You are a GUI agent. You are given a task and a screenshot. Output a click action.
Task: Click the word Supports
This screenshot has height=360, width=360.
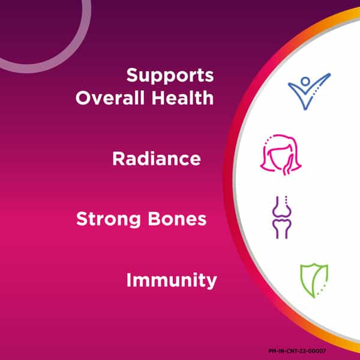tap(170, 76)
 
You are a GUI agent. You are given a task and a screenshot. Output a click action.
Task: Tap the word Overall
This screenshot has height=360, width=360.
tap(110, 98)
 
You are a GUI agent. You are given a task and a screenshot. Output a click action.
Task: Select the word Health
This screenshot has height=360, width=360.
tap(182, 98)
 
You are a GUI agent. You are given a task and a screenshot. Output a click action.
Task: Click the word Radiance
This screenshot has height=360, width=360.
tap(157, 158)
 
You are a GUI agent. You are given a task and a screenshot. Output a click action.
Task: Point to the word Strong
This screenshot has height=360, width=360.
tap(109, 220)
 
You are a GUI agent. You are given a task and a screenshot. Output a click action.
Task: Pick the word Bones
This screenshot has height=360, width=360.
tap(177, 219)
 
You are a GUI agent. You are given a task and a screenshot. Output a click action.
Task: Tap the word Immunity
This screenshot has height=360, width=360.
tap(172, 280)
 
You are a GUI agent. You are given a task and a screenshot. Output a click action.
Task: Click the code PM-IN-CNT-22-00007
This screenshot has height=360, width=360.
tap(298, 351)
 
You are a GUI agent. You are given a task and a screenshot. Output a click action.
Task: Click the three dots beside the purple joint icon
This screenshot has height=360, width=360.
tap(286, 200)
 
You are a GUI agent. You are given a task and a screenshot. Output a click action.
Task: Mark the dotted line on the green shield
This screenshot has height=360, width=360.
tap(322, 290)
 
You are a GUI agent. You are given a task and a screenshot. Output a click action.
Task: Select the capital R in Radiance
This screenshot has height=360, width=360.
tap(118, 158)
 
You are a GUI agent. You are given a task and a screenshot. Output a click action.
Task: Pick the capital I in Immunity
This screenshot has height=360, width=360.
tap(128, 280)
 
